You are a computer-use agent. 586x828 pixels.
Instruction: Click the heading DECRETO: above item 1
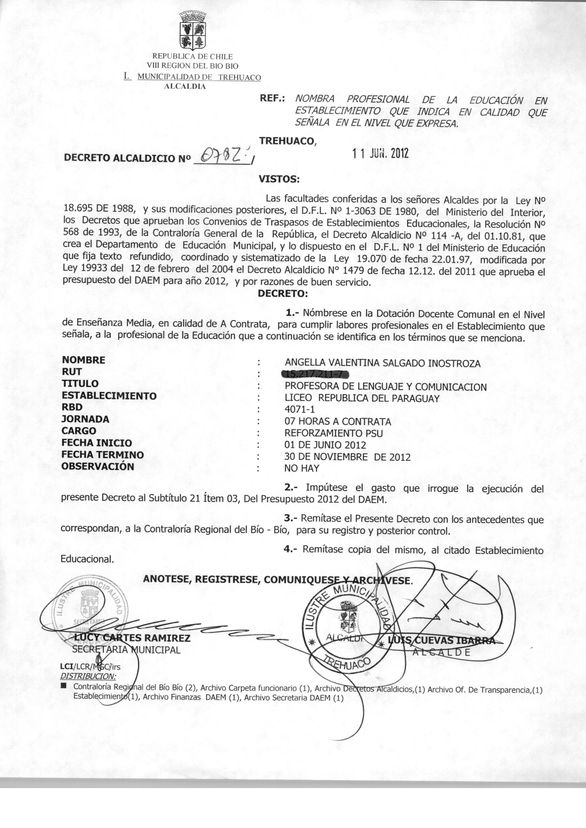click(x=283, y=294)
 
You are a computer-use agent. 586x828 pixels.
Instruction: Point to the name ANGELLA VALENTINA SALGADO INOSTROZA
click(x=383, y=363)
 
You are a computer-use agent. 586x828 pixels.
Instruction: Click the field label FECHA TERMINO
click(x=103, y=455)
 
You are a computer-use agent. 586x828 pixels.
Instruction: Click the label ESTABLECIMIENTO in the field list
click(x=109, y=396)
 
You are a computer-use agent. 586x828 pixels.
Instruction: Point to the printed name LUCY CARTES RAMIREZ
click(x=132, y=638)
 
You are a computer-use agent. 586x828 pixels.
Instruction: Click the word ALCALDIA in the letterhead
click(x=185, y=86)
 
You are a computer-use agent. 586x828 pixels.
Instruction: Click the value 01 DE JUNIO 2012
click(x=325, y=445)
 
